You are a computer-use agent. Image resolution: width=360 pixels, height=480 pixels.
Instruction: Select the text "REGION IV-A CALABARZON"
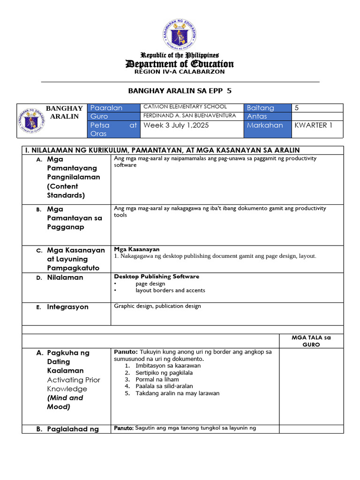pyautogui.click(x=180, y=72)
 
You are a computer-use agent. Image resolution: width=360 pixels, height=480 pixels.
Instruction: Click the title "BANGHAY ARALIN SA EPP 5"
pyautogui.click(x=180, y=90)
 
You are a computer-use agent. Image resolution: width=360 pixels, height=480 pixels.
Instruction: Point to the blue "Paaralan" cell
pyautogui.click(x=114, y=108)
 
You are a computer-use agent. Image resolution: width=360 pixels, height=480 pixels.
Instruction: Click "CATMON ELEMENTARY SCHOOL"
pyautogui.click(x=185, y=107)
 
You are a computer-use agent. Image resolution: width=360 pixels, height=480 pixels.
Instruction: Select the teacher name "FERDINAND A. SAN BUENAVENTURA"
pyautogui.click(x=189, y=115)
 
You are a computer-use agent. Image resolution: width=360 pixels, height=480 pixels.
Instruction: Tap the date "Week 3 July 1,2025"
pyautogui.click(x=176, y=125)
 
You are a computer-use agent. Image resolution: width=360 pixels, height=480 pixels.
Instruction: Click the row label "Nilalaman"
pyautogui.click(x=65, y=277)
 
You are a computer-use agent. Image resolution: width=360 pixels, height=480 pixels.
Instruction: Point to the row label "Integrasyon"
pyautogui.click(x=67, y=307)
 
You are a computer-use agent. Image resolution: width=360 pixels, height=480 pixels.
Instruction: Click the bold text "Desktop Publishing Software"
pyautogui.click(x=157, y=277)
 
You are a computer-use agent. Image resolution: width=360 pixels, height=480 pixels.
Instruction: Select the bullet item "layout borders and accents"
pyautogui.click(x=170, y=290)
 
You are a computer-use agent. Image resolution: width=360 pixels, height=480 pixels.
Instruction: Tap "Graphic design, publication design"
pyautogui.click(x=157, y=306)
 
